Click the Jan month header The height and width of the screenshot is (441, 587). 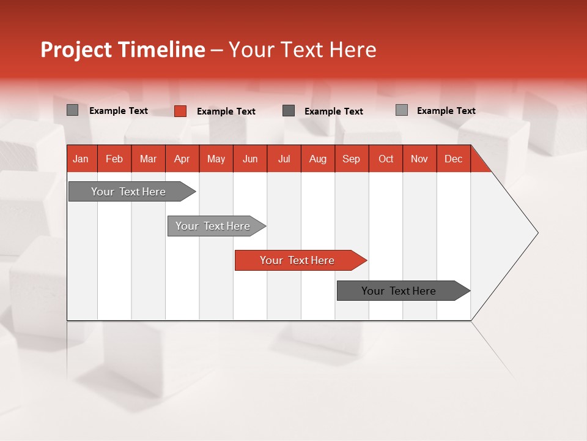click(81, 159)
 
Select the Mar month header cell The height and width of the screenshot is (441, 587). click(148, 159)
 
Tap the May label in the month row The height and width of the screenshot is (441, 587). click(216, 159)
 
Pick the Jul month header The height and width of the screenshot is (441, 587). click(284, 159)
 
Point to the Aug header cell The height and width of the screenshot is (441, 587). click(317, 159)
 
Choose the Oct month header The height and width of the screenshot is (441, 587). click(386, 159)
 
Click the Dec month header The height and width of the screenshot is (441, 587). click(453, 159)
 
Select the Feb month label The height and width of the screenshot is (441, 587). click(114, 159)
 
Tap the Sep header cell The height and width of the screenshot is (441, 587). click(351, 159)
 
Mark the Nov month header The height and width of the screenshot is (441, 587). click(419, 159)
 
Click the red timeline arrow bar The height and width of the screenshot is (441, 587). click(300, 260)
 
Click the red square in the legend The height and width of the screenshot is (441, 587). click(180, 111)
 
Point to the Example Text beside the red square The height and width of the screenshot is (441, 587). click(226, 111)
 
